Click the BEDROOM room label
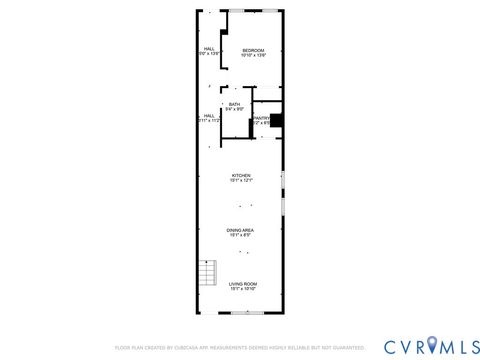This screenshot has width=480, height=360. click(x=252, y=50)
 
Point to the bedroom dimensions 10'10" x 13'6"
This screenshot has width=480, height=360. click(x=252, y=55)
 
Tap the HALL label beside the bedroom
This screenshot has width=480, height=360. click(x=210, y=48)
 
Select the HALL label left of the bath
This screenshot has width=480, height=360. click(x=210, y=115)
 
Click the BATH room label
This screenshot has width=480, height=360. click(x=234, y=104)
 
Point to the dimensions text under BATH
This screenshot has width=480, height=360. click(x=234, y=109)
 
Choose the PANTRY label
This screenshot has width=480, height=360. click(x=262, y=117)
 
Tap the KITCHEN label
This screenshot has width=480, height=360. click(x=241, y=175)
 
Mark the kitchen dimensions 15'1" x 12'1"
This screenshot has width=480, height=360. click(x=241, y=180)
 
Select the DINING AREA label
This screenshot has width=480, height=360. click(x=240, y=229)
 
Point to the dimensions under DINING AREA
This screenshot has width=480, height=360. click(x=240, y=234)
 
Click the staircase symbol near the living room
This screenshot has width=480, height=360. click(x=207, y=273)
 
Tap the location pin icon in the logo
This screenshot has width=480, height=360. click(x=432, y=345)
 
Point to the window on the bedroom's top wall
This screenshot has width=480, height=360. click(x=253, y=10)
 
